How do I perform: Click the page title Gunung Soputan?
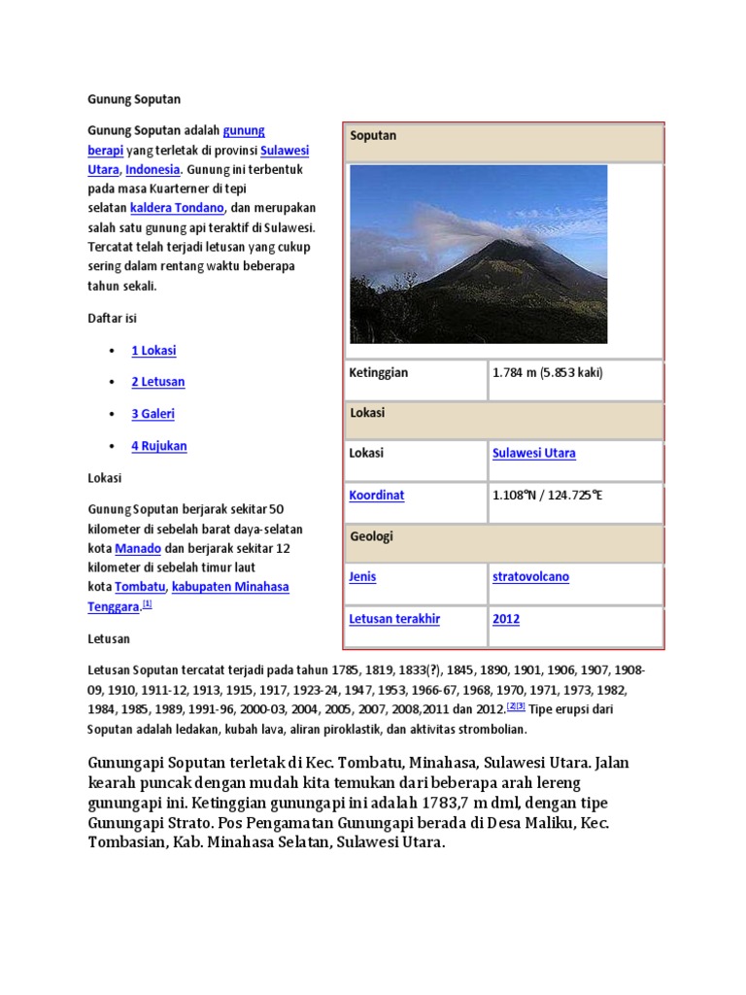[x=134, y=99]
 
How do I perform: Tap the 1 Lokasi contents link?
[x=153, y=351]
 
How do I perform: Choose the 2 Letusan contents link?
[x=157, y=382]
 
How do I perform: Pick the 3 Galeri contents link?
[x=153, y=414]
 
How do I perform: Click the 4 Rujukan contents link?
[x=159, y=446]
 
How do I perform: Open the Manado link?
[x=138, y=548]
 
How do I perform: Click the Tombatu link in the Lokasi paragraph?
[x=140, y=587]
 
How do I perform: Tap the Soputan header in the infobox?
[x=373, y=136]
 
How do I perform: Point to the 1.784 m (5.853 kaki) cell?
[x=548, y=373]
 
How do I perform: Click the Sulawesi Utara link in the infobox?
[x=534, y=453]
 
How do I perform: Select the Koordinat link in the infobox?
[x=377, y=496]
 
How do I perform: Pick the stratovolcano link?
[x=530, y=577]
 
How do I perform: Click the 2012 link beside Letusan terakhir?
[x=506, y=619]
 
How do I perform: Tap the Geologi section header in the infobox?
[x=372, y=536]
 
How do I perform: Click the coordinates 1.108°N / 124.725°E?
[x=548, y=496]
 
